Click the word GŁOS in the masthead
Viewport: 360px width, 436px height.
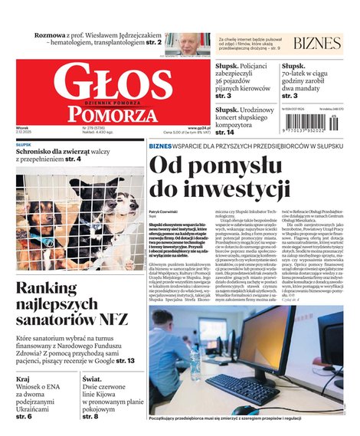point(103,82)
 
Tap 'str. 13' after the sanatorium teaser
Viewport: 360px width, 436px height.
point(124,360)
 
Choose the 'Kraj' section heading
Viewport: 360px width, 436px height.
point(23,379)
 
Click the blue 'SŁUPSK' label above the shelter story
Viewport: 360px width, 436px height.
point(24,144)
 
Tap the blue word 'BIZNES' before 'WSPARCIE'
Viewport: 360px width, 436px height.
point(160,144)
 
